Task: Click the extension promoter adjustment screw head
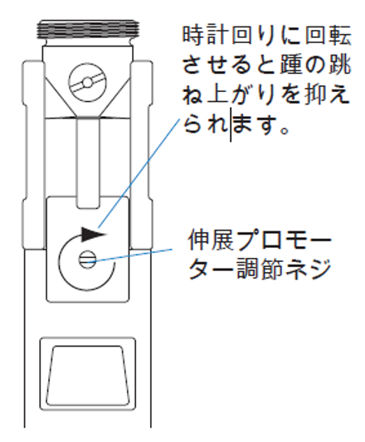[87, 260]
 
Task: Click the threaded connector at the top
[89, 29]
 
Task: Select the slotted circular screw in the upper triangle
[88, 83]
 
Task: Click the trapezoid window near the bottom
[87, 376]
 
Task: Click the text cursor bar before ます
[231, 124]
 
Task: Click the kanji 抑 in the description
[315, 95]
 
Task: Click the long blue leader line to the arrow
[139, 173]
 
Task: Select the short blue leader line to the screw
[129, 256]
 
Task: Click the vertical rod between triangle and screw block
[88, 163]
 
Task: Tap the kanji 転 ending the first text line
[340, 36]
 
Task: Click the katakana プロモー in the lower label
[284, 240]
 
